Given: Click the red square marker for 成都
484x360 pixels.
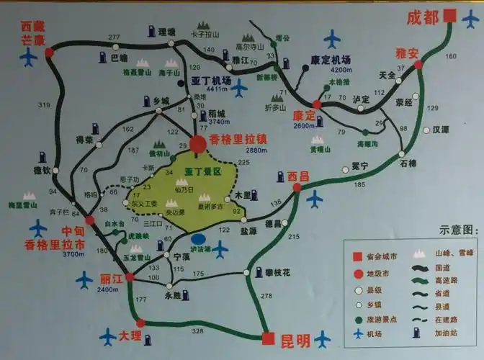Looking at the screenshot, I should point(450,16).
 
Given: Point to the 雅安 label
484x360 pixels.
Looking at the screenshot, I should point(407,53).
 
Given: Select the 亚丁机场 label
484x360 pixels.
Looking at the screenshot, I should point(212,81).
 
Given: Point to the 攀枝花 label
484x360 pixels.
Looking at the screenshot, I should point(275,273).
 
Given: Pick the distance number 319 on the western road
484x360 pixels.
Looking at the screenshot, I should point(45,106).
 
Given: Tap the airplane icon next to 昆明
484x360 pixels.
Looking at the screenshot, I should point(322,338).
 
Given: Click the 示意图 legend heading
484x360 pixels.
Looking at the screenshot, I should point(457,230).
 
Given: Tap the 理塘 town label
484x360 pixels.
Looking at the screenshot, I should point(167,32).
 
